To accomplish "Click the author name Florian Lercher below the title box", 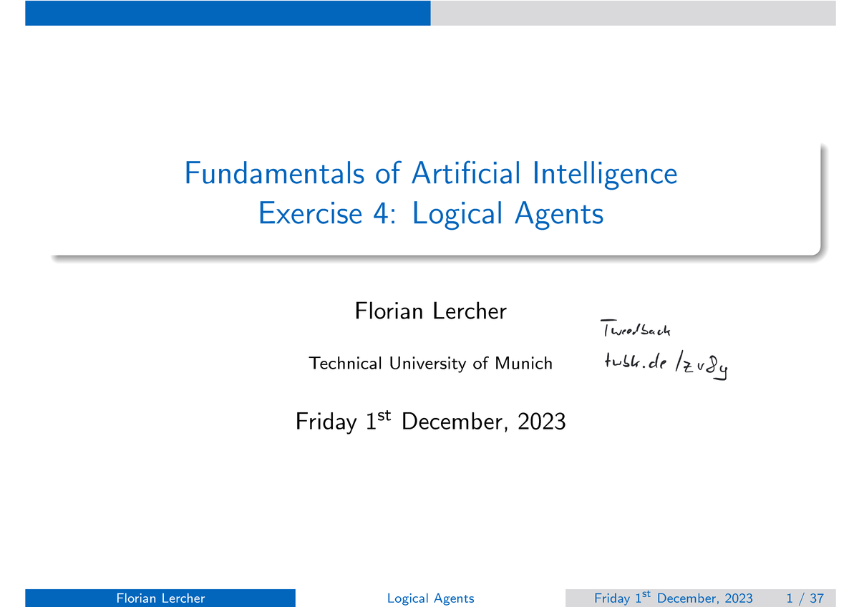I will click(430, 311).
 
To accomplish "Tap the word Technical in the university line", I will click(346, 364).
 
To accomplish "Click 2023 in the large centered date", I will click(541, 422).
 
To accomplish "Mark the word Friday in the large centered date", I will click(326, 422).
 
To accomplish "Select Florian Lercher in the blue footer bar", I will click(160, 598).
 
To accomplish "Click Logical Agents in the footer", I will click(430, 598).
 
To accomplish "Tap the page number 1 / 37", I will click(799, 598).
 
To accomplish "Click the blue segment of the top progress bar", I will click(228, 13).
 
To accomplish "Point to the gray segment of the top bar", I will click(633, 13).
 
